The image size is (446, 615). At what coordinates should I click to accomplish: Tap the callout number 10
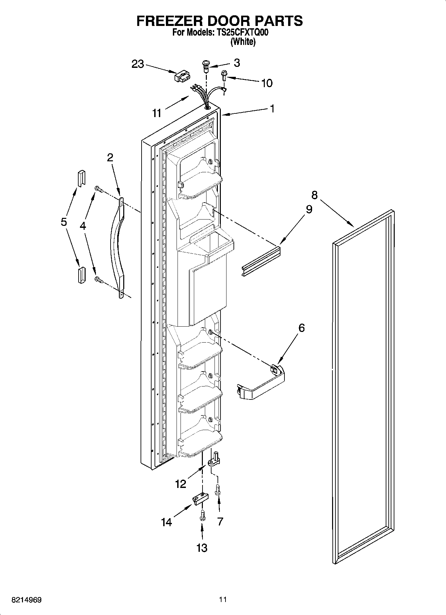[267, 83]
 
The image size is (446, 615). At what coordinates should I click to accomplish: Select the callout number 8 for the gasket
[314, 195]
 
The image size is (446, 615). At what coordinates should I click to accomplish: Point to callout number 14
[166, 522]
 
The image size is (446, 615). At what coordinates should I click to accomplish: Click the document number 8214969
[27, 600]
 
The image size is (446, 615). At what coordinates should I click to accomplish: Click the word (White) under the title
[243, 42]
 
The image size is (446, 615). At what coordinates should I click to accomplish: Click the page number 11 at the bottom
[223, 599]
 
